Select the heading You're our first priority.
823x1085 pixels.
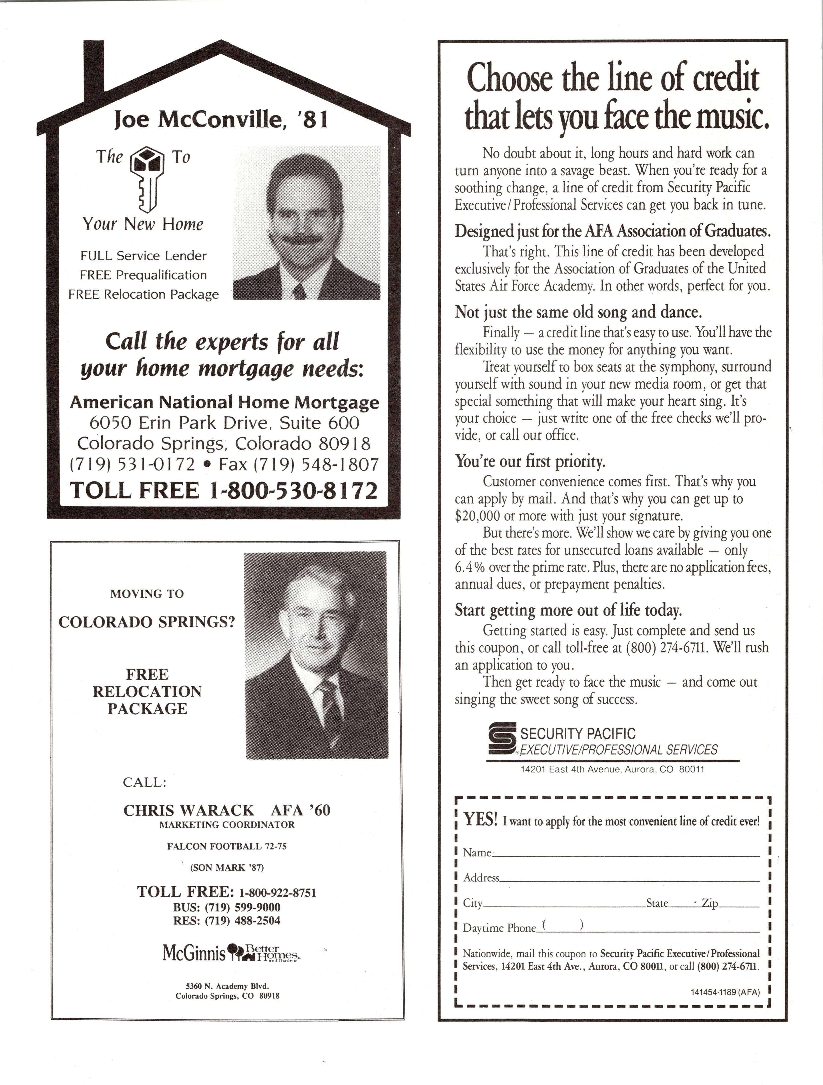[530, 461]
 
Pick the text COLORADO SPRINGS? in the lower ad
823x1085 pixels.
[147, 622]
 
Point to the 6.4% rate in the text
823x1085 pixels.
[470, 567]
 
